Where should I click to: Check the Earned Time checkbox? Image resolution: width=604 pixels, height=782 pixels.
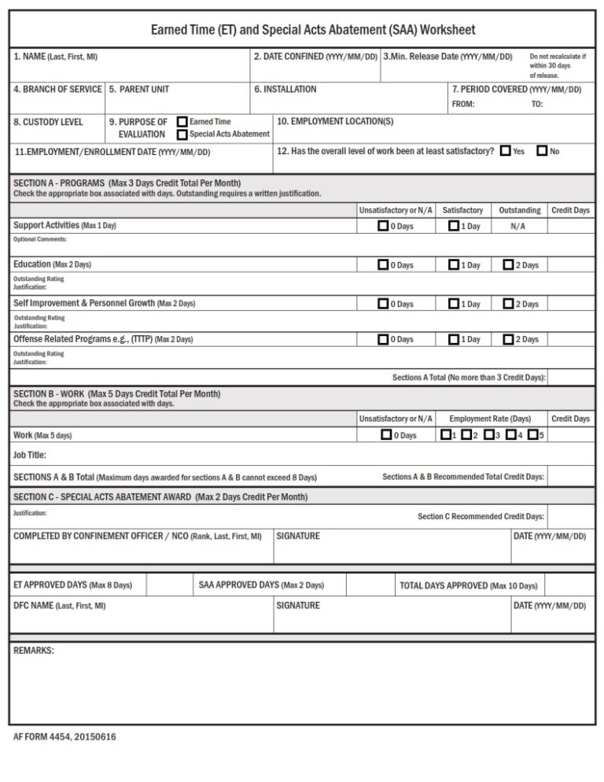click(x=182, y=122)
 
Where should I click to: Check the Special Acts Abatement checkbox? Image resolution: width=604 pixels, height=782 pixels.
click(x=182, y=135)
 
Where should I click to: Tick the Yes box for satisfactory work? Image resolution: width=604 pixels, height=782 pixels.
click(x=505, y=151)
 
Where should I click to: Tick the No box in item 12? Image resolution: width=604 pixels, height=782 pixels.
click(x=542, y=151)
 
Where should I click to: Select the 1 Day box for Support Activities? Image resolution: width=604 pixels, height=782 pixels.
click(x=454, y=226)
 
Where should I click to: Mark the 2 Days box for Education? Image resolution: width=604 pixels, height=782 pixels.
click(x=508, y=265)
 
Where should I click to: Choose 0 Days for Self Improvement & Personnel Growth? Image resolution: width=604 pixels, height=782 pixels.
click(x=383, y=304)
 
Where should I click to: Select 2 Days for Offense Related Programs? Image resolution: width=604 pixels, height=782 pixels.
click(x=508, y=339)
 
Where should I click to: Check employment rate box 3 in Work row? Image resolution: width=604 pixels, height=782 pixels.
click(x=489, y=434)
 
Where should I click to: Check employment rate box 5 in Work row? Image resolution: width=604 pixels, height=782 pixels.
click(x=533, y=434)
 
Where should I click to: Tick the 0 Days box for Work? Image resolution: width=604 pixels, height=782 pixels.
click(x=386, y=434)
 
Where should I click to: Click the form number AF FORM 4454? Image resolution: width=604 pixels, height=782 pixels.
click(x=64, y=737)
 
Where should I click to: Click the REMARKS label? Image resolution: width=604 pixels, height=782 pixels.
click(x=34, y=651)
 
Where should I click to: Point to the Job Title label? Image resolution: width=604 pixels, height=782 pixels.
click(x=30, y=455)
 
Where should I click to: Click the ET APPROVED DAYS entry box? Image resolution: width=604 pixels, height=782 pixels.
click(x=167, y=585)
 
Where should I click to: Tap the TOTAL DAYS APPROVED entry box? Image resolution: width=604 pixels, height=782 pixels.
click(x=569, y=585)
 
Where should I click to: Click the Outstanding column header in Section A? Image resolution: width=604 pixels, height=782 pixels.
click(x=519, y=211)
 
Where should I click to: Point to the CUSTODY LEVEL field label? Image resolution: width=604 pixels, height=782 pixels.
click(x=48, y=122)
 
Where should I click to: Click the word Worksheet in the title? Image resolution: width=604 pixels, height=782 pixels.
click(x=447, y=30)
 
